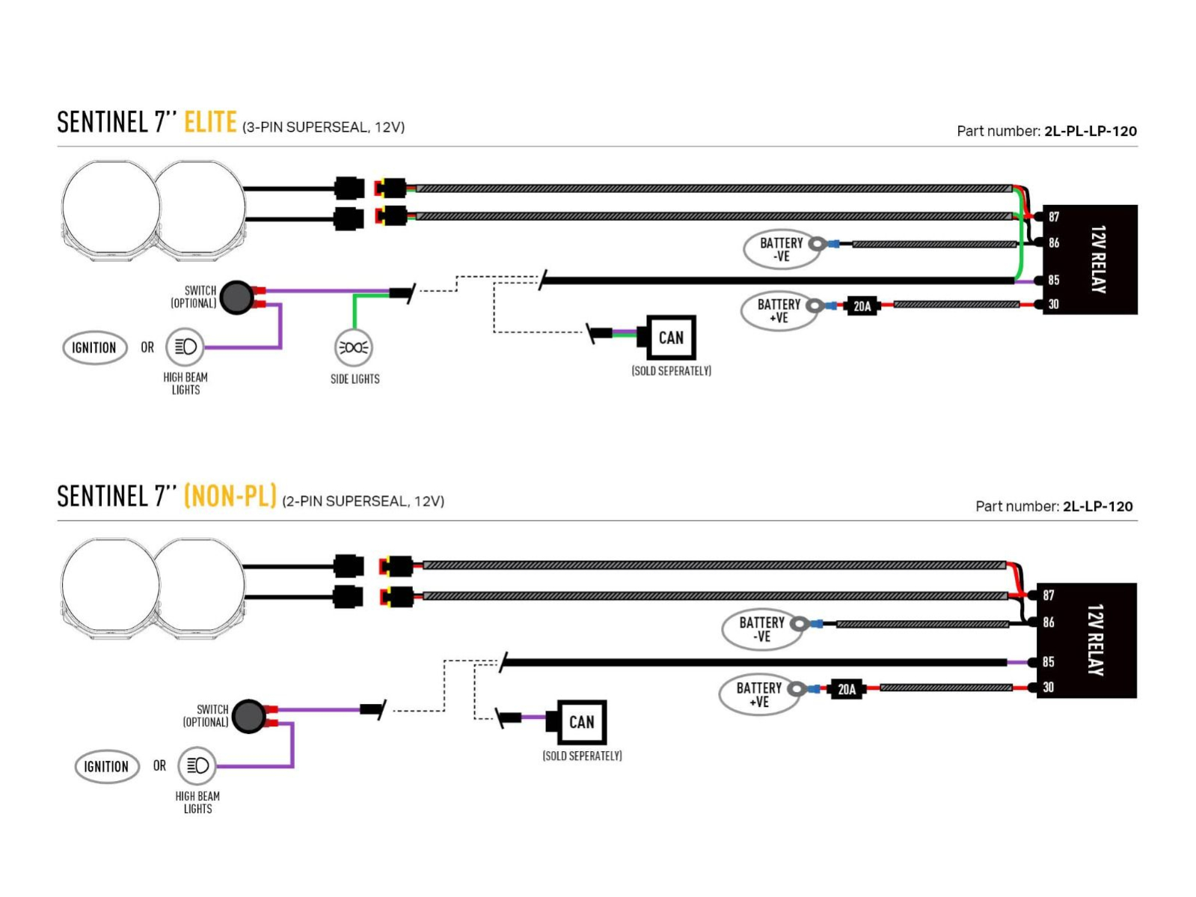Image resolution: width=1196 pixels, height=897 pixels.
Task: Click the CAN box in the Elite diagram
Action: (x=671, y=337)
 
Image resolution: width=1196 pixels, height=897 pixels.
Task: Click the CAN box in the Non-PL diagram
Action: (x=581, y=722)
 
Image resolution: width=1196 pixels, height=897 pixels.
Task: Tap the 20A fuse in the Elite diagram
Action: (x=862, y=306)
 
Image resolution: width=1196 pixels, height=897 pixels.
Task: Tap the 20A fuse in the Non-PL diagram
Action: (x=846, y=689)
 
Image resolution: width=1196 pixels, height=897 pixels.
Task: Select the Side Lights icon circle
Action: (x=353, y=347)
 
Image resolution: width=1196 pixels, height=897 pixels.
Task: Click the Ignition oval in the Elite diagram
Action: (x=94, y=348)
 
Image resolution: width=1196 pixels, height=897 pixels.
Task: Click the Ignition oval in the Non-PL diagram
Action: (x=106, y=767)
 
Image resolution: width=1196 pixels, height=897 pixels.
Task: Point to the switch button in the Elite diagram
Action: (x=237, y=297)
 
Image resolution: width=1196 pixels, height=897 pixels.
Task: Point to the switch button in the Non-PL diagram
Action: (x=249, y=716)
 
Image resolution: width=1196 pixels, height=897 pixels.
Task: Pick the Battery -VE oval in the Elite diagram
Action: (x=780, y=249)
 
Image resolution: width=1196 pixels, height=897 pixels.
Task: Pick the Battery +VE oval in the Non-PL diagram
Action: (x=758, y=694)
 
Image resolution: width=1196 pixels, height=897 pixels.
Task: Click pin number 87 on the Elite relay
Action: (x=1053, y=217)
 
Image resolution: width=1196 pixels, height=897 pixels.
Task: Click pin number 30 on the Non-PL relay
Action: (x=1048, y=687)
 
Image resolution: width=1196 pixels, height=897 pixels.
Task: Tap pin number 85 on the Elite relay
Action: (x=1053, y=280)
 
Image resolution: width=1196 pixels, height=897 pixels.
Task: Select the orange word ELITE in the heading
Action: (x=210, y=122)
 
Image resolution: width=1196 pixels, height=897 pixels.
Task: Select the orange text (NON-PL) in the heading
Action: (x=230, y=496)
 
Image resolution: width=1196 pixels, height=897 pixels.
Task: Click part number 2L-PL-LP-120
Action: (x=1090, y=131)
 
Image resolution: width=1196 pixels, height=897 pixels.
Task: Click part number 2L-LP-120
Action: (x=1097, y=506)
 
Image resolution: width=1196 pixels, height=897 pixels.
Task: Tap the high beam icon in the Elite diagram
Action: (x=185, y=347)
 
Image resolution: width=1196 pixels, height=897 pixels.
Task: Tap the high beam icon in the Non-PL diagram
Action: (x=197, y=766)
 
